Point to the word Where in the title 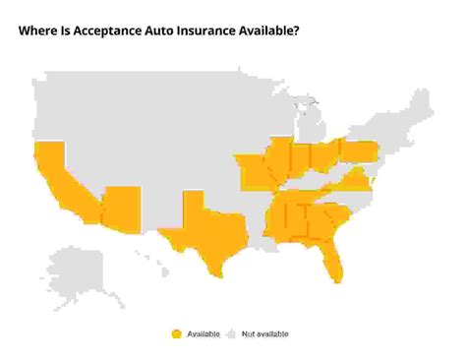(38, 30)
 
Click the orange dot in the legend (177, 334)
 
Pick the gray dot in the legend (234, 334)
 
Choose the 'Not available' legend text (266, 334)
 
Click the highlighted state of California (55, 182)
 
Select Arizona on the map (121, 206)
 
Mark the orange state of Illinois (279, 161)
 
